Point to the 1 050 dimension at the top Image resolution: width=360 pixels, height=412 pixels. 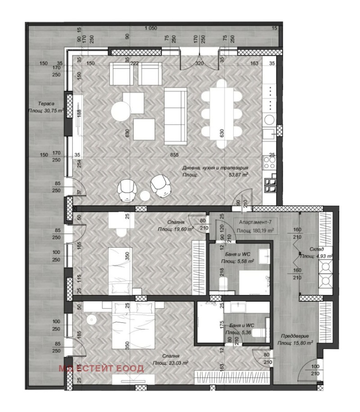(150, 28)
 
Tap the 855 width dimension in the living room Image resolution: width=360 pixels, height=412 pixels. (175, 154)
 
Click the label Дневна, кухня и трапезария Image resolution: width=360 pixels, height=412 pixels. (215, 168)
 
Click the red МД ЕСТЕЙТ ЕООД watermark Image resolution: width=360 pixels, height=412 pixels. (102, 369)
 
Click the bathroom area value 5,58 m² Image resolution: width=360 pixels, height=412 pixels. (245, 261)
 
